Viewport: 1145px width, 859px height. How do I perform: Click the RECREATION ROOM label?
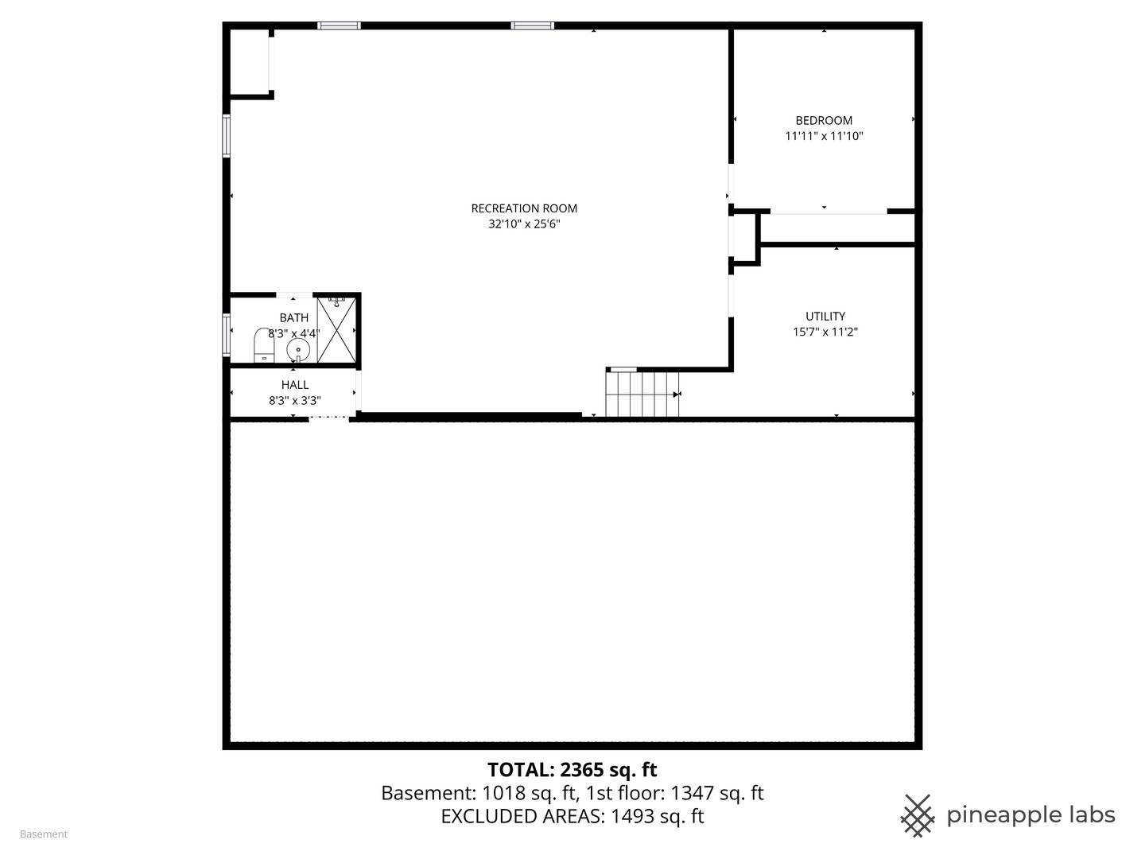coord(524,208)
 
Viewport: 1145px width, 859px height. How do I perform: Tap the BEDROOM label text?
coord(824,120)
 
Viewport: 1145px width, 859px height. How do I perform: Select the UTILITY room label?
coord(825,316)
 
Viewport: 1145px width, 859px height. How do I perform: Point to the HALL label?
coord(294,385)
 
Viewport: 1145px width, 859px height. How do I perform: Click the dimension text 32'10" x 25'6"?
coord(524,224)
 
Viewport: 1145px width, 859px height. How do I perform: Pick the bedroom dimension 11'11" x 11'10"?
coord(824,136)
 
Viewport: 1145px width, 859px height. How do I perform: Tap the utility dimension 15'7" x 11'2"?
coord(825,332)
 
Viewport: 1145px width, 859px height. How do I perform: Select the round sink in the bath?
coord(298,349)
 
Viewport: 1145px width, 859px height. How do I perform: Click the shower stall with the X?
coord(336,330)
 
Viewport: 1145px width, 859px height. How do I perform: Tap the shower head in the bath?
coord(336,300)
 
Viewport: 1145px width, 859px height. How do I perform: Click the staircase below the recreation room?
coord(642,395)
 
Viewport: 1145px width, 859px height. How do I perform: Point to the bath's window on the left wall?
coord(227,334)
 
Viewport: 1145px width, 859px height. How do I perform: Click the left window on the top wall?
coord(339,25)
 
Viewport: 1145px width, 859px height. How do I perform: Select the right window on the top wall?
coord(532,25)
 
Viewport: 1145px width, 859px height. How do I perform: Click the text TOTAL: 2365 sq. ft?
coord(572,770)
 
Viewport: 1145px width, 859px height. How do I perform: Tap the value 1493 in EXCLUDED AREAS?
coord(633,816)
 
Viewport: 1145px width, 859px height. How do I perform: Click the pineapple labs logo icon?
coord(917,815)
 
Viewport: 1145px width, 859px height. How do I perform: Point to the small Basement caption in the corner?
coord(44,834)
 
